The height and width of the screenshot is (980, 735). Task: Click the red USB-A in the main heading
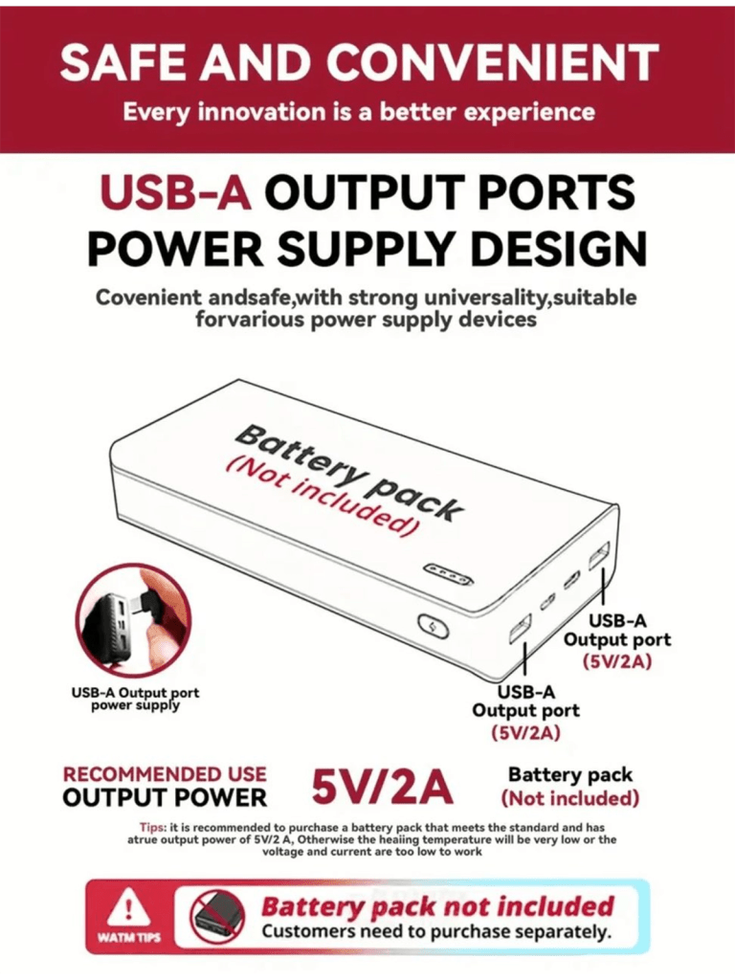coord(176,193)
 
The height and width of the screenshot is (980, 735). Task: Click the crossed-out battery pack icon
coord(218,916)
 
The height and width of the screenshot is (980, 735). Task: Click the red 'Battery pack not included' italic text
coord(437,905)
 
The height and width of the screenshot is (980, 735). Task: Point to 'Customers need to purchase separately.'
coord(436,931)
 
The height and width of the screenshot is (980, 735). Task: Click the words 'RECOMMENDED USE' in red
coord(165,773)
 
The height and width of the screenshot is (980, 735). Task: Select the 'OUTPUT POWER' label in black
coord(165,797)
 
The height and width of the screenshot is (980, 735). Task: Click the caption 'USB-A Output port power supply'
coord(135,699)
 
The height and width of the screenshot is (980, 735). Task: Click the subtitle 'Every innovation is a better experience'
coord(359,111)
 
